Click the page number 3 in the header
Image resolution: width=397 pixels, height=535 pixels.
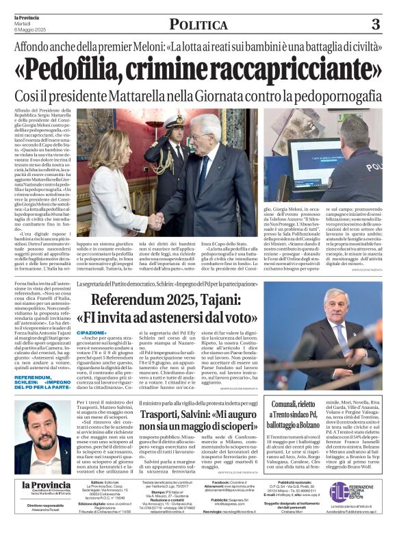(x=376, y=25)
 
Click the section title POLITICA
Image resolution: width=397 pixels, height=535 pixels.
(x=198, y=25)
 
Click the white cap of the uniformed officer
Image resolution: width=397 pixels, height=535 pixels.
(x=174, y=121)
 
